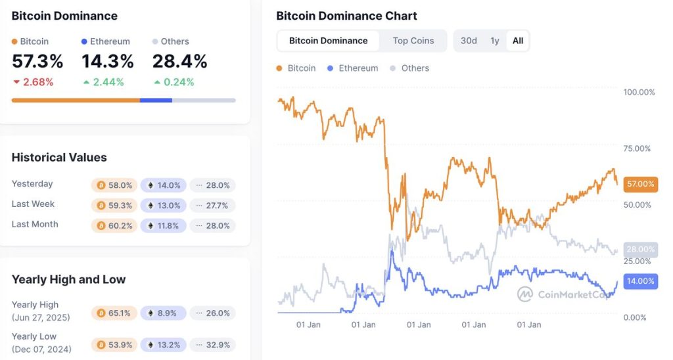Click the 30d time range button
tap(469, 41)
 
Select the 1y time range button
tap(495, 41)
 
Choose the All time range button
tap(518, 41)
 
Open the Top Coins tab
tap(413, 41)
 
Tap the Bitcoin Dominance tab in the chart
tap(329, 41)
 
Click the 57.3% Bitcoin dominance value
tap(37, 62)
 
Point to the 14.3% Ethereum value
tap(108, 62)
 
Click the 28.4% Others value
tap(180, 62)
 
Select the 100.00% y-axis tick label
tap(639, 92)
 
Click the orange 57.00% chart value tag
tap(640, 184)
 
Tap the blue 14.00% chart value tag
tap(640, 281)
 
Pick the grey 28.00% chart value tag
tap(640, 250)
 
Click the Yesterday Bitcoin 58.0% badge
tap(114, 185)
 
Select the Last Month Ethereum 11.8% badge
tap(164, 225)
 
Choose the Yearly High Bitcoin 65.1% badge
tap(114, 313)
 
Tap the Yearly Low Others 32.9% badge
tap(213, 345)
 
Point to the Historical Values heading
tap(59, 157)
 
